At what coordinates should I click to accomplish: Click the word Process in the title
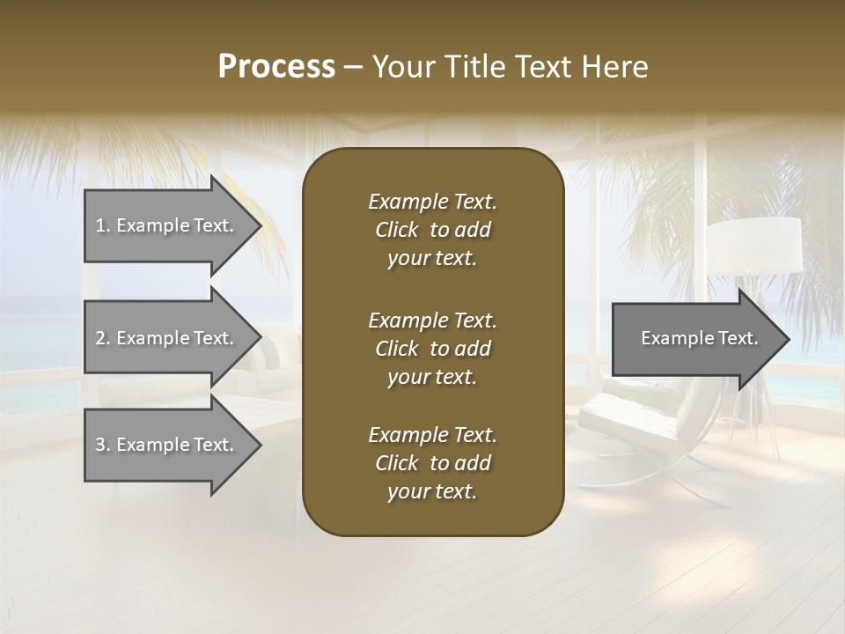pyautogui.click(x=276, y=66)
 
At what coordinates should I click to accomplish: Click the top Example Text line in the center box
pyautogui.click(x=432, y=202)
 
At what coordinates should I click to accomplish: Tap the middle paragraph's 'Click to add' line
pyautogui.click(x=432, y=349)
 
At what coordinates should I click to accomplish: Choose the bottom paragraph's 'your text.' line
pyautogui.click(x=432, y=492)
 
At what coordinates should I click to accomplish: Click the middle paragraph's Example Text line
pyautogui.click(x=432, y=320)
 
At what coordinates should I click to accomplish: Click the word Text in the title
pyautogui.click(x=547, y=66)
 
